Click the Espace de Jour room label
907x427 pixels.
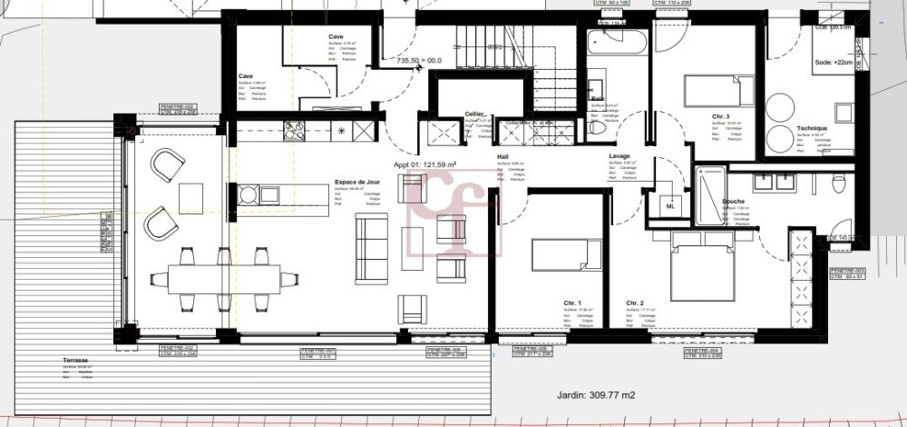(x=357, y=184)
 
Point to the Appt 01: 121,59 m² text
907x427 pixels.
(x=424, y=164)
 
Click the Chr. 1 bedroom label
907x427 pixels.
(x=571, y=303)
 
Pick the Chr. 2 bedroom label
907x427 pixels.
(x=634, y=303)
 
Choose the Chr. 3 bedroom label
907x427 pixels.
(x=721, y=116)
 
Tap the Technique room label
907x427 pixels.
(x=812, y=129)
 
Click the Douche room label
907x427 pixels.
(x=733, y=201)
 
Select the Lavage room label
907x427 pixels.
(x=619, y=155)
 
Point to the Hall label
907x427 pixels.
(x=502, y=156)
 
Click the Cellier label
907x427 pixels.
(x=473, y=114)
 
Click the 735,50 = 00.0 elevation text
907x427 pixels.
(x=419, y=61)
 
